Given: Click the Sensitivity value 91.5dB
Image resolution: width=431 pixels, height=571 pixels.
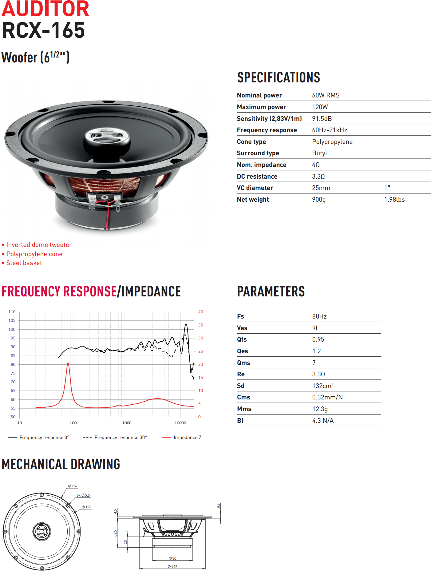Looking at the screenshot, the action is point(322,119).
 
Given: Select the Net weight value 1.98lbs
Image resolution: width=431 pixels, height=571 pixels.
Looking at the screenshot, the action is point(394,200).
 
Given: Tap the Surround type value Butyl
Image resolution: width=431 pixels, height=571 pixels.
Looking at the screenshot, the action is point(319,153).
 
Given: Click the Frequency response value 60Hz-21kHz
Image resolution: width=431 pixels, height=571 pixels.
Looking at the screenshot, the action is point(329,130).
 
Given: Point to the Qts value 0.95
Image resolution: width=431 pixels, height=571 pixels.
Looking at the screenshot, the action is point(318,339).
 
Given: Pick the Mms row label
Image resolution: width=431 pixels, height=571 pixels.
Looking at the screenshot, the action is point(244,409).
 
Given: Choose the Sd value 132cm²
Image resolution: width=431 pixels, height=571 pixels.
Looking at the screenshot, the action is point(322,386).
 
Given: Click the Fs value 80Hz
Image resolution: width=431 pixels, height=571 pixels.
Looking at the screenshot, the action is point(319,316).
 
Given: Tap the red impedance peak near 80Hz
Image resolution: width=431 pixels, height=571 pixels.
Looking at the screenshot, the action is point(68,364).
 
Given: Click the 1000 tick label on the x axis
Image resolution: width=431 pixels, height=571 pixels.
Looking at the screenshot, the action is point(127,423).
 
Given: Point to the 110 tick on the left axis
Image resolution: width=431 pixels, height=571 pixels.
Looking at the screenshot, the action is point(12,312).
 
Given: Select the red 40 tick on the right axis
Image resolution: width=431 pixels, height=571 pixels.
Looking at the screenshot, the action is point(200,312).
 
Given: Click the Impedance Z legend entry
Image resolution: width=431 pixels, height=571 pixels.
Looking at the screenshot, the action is point(187,438).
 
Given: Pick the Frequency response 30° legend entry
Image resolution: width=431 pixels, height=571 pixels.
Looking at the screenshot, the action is point(121,438).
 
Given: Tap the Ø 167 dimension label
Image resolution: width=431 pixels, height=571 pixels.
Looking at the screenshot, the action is point(73,486).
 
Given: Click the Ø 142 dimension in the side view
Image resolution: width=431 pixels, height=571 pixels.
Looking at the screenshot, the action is point(172,567).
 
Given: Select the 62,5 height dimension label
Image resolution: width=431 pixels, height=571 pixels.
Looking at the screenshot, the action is point(115,533).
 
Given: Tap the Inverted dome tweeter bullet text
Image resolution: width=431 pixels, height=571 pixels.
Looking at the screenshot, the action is point(39,245).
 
